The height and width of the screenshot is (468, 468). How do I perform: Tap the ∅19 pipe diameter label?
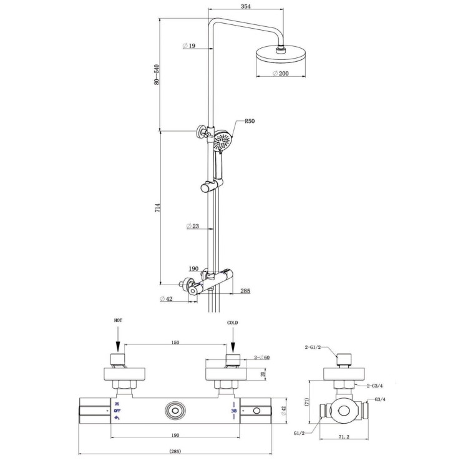coord(190,46)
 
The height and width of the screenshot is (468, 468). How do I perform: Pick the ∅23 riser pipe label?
coord(193,227)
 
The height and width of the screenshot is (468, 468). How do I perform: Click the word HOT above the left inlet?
coord(118,319)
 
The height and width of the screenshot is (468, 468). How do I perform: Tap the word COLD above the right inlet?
coord(233,323)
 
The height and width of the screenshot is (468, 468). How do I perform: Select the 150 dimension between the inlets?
coord(175,343)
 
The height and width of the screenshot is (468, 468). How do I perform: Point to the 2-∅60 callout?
coord(263,358)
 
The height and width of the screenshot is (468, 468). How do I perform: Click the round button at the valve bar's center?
coord(175,411)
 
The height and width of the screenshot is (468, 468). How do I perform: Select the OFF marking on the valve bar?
coord(117,411)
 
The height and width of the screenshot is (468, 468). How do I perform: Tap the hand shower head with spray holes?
coord(222,141)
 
